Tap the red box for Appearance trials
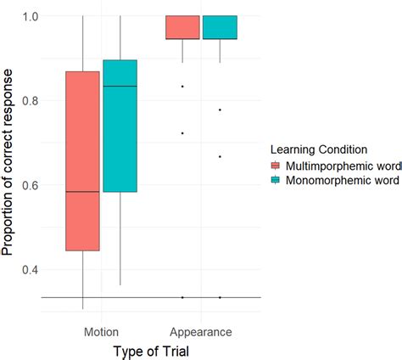pyautogui.click(x=182, y=27)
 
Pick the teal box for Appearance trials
pyautogui.click(x=220, y=27)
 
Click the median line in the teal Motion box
pyautogui.click(x=120, y=87)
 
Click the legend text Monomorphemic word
pyautogui.click(x=339, y=180)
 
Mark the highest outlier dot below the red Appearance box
pyautogui.click(x=182, y=87)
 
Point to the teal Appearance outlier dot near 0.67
pyautogui.click(x=220, y=156)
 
